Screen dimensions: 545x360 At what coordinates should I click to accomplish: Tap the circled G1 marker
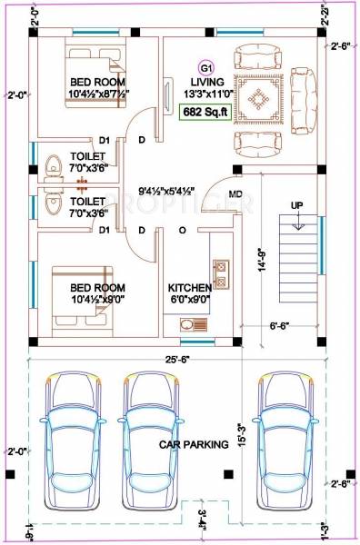(x=205, y=67)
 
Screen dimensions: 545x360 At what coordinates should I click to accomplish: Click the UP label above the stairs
(x=296, y=205)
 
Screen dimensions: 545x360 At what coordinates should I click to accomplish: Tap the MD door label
(x=235, y=193)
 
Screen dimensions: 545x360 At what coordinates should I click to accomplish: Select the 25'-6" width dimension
(x=178, y=358)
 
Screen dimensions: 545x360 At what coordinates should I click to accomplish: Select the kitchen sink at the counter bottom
(x=190, y=324)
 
